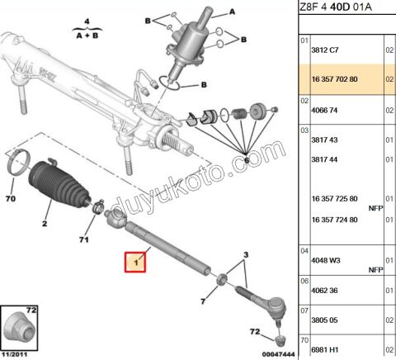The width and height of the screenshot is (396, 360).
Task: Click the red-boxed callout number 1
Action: coord(135,263)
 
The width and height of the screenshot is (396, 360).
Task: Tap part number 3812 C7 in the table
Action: coord(325,50)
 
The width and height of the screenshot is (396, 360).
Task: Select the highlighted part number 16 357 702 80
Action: coord(334,79)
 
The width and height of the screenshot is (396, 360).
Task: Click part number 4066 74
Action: coord(324,111)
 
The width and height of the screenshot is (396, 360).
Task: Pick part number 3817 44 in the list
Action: coord(324,159)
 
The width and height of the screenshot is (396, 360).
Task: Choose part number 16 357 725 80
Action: coord(334,199)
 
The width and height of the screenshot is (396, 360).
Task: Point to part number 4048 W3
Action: coord(326,260)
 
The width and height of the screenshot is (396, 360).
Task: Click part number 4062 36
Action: coord(324,291)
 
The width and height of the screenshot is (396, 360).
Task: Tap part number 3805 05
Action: coord(324,320)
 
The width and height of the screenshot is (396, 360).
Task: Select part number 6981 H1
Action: coord(325,350)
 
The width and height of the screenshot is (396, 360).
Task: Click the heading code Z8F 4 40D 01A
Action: coord(336,7)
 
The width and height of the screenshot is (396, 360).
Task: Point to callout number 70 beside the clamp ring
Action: coord(11,198)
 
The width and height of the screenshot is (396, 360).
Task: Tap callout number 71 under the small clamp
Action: coord(84,239)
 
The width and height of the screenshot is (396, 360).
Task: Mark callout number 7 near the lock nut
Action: coord(203,301)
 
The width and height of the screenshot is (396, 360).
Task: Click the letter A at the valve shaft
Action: coord(233,12)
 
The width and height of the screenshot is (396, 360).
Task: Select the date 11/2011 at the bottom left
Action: coord(14,354)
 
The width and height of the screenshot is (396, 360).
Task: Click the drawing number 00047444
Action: coord(278,354)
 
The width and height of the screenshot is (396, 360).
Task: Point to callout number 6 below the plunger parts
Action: coord(247,160)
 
